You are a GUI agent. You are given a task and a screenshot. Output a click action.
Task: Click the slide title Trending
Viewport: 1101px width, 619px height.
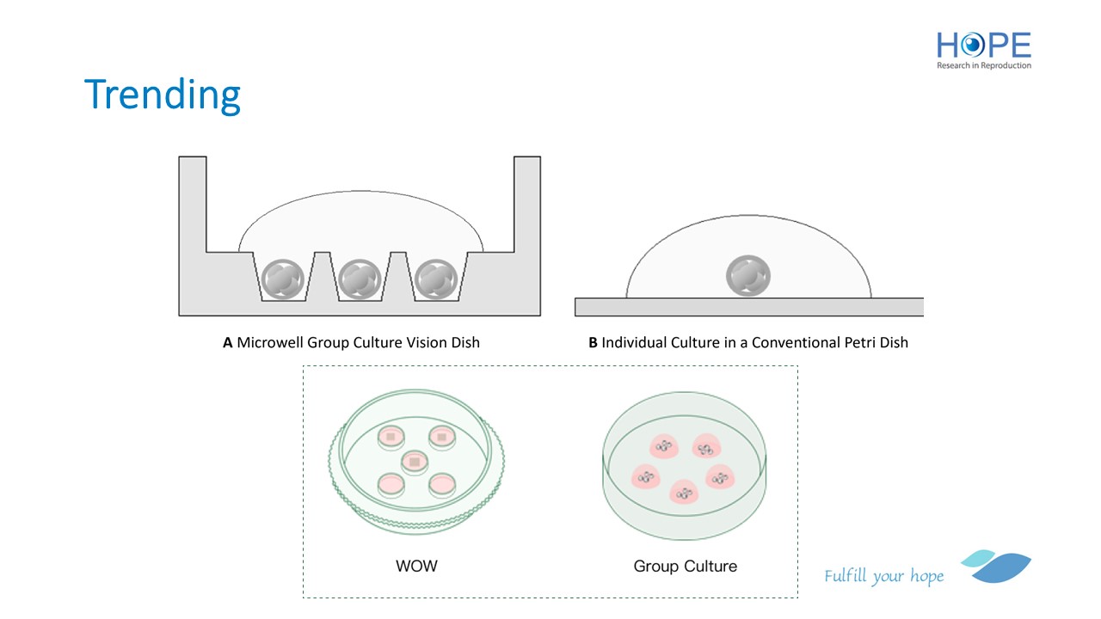163,95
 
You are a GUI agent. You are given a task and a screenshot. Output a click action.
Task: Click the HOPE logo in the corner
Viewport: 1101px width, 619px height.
983,45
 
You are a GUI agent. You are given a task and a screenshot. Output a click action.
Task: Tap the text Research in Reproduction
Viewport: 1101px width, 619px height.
983,65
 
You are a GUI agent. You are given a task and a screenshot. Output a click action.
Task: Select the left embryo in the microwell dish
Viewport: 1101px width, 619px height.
285,279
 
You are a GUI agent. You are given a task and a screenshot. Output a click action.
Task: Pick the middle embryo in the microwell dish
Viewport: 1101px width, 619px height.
360,279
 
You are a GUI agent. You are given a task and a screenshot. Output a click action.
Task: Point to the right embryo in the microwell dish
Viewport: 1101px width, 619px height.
434,279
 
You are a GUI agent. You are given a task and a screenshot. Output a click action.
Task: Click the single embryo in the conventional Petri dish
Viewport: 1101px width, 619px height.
748,277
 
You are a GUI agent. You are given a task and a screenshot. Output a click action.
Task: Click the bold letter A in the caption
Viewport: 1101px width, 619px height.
228,342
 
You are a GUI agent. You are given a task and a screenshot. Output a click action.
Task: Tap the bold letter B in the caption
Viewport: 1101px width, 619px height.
593,342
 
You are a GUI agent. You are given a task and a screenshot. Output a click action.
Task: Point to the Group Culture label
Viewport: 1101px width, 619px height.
685,566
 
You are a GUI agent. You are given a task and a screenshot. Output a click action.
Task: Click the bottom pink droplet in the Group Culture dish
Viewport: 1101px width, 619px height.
683,493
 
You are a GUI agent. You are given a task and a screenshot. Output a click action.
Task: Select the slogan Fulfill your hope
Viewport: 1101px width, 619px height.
883,576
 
